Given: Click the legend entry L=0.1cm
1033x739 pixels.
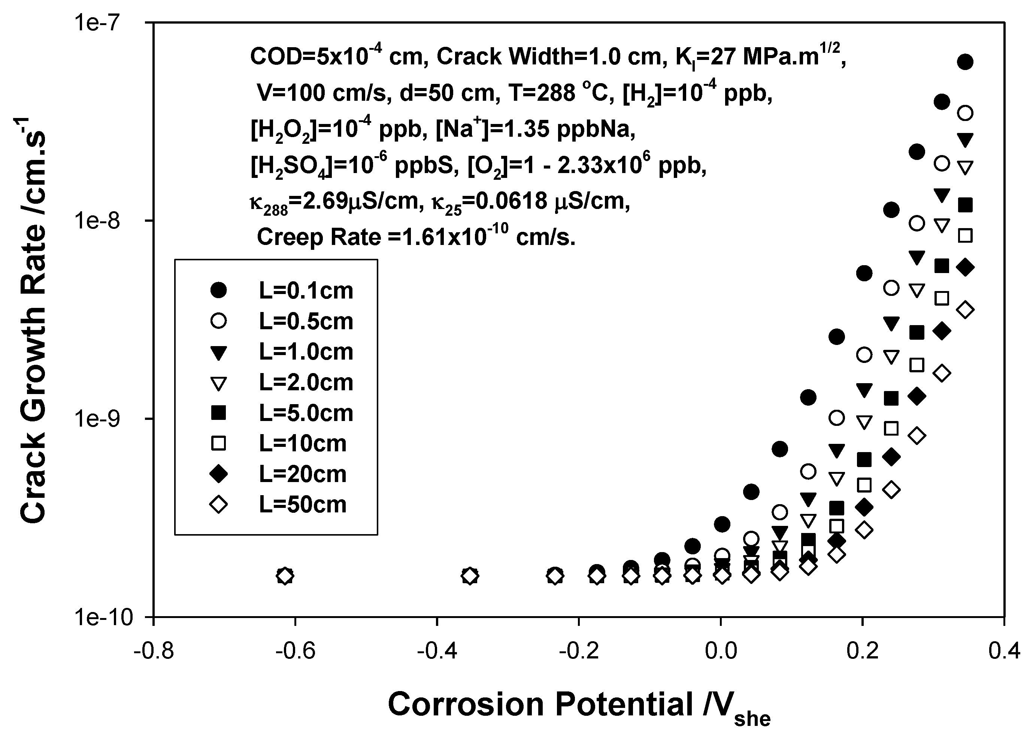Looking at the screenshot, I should tap(306, 291).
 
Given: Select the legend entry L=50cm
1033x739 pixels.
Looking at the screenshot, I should tap(303, 505).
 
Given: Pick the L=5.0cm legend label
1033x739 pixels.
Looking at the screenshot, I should tap(306, 413).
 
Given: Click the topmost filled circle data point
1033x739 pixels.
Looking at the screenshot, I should tap(965, 62).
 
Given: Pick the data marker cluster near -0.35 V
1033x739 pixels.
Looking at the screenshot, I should tap(470, 576).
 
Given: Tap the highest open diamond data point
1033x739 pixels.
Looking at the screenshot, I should tap(965, 310).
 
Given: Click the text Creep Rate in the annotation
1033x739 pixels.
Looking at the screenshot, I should tap(318, 237).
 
